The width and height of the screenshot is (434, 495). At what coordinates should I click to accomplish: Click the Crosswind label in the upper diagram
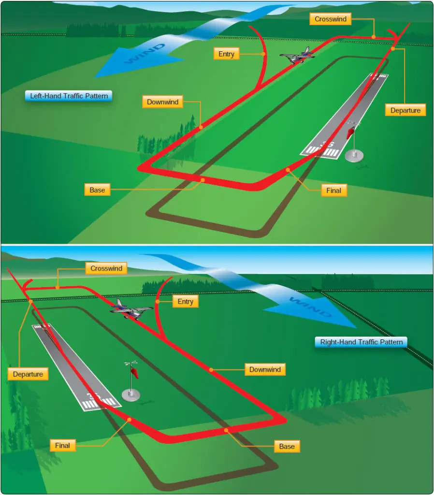click(330, 19)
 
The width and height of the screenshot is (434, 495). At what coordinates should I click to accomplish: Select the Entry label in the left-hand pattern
click(226, 54)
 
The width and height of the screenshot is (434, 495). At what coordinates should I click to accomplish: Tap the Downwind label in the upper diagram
click(162, 102)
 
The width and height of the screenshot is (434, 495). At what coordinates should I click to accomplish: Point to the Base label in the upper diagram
click(97, 189)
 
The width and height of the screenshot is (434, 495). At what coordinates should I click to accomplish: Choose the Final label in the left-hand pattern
click(333, 190)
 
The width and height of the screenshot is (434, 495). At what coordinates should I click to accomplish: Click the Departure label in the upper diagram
click(405, 110)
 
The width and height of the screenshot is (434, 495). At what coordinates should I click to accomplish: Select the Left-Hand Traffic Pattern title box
click(69, 96)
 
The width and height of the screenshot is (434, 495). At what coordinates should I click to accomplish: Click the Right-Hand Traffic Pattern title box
click(362, 342)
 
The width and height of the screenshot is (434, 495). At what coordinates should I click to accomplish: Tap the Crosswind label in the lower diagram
click(106, 268)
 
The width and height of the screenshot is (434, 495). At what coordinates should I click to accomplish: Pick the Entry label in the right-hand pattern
click(185, 302)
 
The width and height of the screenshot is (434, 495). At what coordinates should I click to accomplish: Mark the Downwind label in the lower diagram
click(265, 369)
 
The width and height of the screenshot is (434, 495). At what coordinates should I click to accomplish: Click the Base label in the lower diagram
click(287, 446)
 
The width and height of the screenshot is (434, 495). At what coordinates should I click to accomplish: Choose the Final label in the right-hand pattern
click(62, 445)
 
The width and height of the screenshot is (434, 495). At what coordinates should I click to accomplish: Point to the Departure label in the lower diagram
click(28, 374)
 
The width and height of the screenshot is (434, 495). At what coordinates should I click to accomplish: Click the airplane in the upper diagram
click(297, 56)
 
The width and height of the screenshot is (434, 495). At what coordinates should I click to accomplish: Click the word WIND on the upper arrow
click(145, 53)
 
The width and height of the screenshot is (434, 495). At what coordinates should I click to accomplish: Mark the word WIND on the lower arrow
click(310, 307)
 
